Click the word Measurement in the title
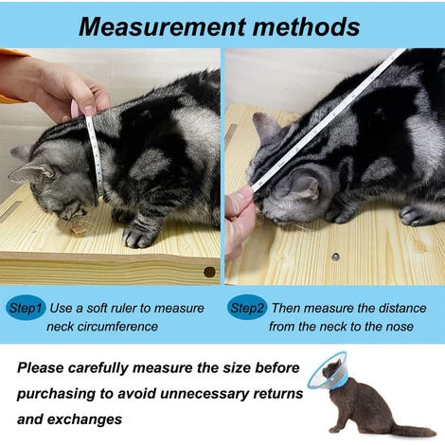[x=162, y=27]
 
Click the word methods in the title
[x=306, y=27]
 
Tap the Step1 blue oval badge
[x=26, y=308]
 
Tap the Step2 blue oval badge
[x=247, y=308]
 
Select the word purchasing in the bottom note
[x=56, y=394]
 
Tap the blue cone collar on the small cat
[x=329, y=370]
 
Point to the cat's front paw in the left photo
[x=138, y=235]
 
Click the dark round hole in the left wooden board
[x=209, y=272]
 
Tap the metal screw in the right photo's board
[x=335, y=257]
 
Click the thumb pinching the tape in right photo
[x=240, y=202]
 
